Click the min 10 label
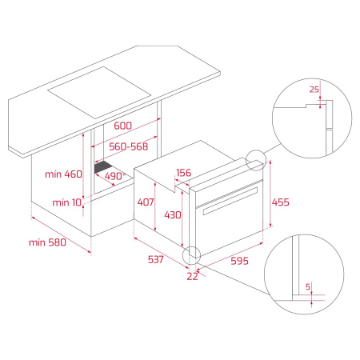point(66,203)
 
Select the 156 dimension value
point(184,172)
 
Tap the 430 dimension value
point(173,214)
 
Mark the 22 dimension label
point(190,276)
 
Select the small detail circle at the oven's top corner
point(258,161)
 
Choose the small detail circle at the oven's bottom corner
point(192,256)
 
